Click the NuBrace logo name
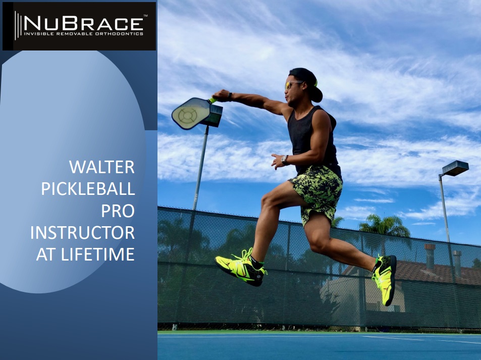point(83,23)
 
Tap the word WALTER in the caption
point(102,167)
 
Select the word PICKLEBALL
point(88,189)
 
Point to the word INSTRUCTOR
point(82,233)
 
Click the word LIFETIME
point(98,254)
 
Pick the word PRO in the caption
point(118,211)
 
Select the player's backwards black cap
point(307,82)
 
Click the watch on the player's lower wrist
point(285,160)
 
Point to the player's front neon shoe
point(241,267)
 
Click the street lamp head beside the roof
point(455,168)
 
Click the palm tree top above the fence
point(385,226)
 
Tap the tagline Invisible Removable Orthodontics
point(83,33)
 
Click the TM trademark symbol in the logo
point(145,15)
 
